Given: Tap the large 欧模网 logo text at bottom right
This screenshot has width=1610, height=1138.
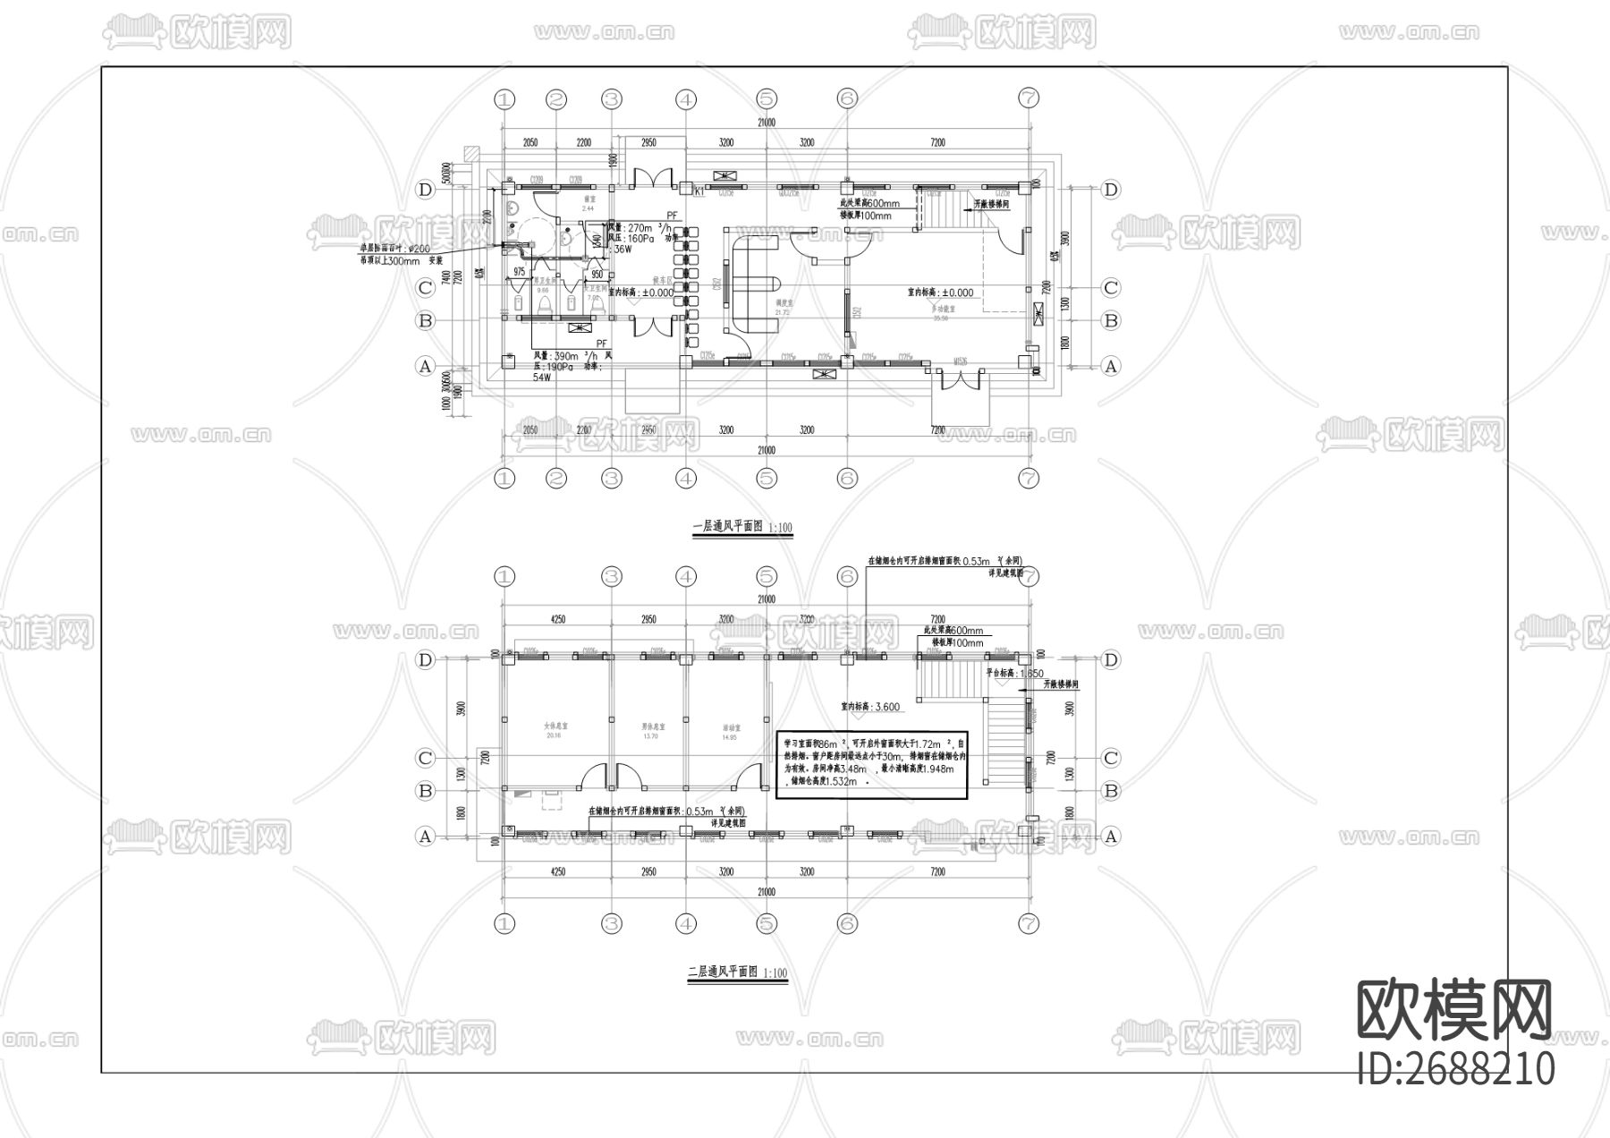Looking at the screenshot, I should pyautogui.click(x=1454, y=1010).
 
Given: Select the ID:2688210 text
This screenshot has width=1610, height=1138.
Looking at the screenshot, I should pyautogui.click(x=1456, y=1068).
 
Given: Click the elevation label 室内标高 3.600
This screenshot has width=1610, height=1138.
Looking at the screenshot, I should pyautogui.click(x=869, y=706).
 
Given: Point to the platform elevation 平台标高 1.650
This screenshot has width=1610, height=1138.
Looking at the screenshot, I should pyautogui.click(x=1014, y=674).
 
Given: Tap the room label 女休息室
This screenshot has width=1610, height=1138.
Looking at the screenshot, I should pyautogui.click(x=555, y=726).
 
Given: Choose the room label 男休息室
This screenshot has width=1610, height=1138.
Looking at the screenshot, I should pyautogui.click(x=650, y=726).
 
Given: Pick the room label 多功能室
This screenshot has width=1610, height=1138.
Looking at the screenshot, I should pyautogui.click(x=939, y=309).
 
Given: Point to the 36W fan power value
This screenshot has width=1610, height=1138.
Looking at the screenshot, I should pyautogui.click(x=623, y=250).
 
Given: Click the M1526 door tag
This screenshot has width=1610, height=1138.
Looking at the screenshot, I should pyautogui.click(x=961, y=362).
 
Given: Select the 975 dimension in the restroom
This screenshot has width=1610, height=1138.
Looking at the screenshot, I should pyautogui.click(x=520, y=272).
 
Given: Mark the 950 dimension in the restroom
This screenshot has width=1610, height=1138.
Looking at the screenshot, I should pyautogui.click(x=597, y=275).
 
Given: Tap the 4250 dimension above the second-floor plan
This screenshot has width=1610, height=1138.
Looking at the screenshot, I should pyautogui.click(x=557, y=619).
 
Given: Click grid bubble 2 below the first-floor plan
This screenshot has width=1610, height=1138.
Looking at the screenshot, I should pyautogui.click(x=556, y=479).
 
